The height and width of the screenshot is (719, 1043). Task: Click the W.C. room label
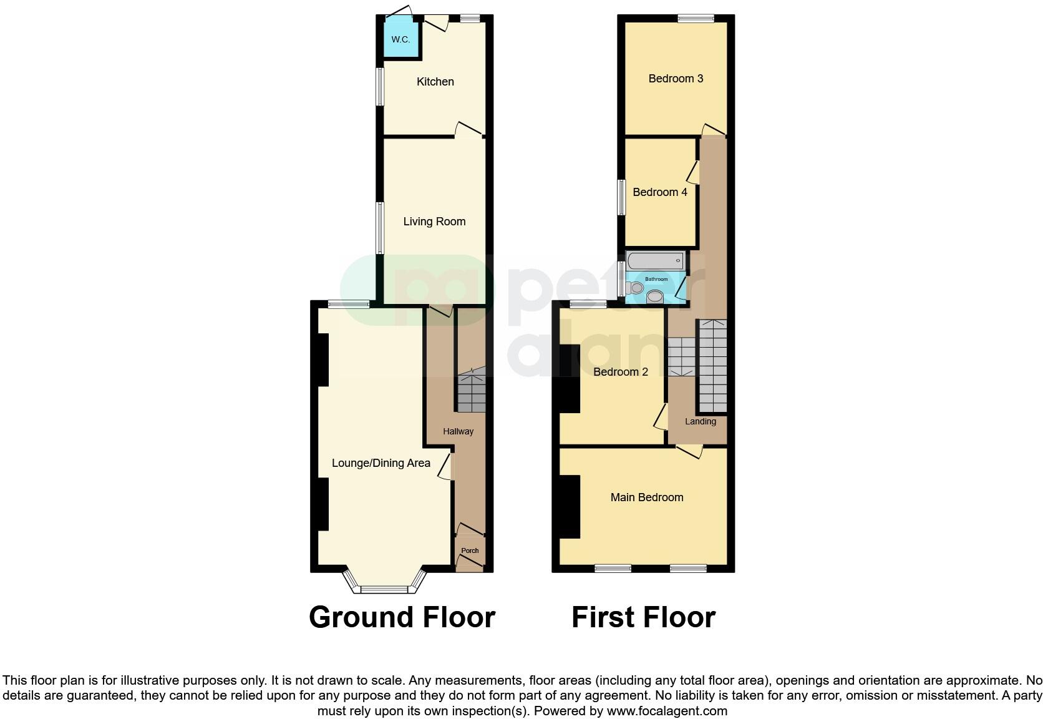coord(400,39)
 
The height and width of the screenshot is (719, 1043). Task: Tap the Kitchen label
coord(435,82)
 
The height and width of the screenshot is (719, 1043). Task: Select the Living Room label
coord(434,222)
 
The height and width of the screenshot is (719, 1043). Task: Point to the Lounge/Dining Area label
coord(381,463)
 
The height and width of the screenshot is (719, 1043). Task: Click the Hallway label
coord(458,431)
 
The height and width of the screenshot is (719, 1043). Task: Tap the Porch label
coord(470,550)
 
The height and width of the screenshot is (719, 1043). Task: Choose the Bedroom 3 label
coord(676,79)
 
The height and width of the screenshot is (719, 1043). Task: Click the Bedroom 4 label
coord(659,192)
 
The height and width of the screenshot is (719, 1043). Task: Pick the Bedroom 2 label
coord(620,372)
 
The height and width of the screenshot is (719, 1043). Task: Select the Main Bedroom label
coord(646,497)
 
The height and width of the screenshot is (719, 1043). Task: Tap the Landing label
coord(700,421)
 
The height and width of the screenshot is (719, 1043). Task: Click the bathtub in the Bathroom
coord(654,260)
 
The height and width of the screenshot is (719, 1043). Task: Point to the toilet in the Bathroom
coord(635,288)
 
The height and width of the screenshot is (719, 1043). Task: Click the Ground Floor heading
coord(402,617)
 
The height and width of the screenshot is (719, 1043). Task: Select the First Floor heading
coord(643,617)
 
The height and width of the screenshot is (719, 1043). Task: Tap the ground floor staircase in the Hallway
coord(471,393)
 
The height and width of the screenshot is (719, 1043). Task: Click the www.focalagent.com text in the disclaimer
coord(666,711)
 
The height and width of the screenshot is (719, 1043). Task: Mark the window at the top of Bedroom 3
coord(696,19)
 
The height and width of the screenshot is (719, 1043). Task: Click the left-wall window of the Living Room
coord(379,228)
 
